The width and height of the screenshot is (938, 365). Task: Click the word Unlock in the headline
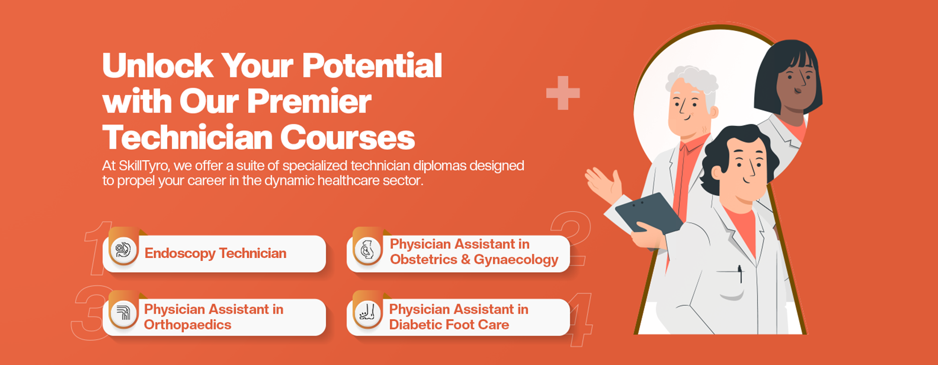tap(158, 66)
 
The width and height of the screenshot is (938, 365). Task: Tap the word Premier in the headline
tap(309, 102)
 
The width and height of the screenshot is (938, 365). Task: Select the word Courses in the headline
tap(347, 137)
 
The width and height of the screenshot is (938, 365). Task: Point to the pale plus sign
tap(563, 93)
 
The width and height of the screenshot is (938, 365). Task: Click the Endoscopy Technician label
tap(215, 253)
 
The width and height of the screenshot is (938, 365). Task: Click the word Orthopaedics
tap(188, 325)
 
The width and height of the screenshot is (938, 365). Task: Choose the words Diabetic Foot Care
tap(449, 325)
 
